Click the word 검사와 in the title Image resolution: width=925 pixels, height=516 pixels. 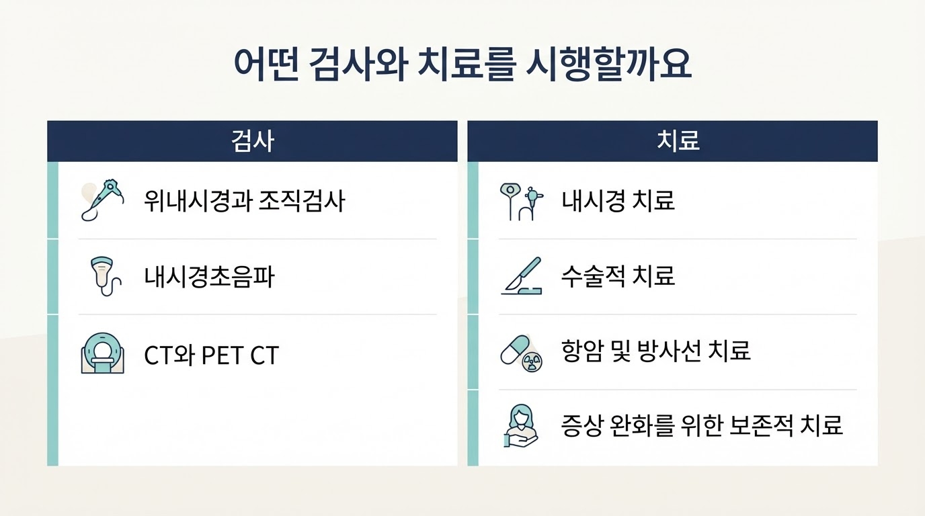coord(358,64)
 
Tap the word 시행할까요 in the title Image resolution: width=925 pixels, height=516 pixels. coord(608,64)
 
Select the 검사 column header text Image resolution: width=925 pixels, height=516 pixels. coord(252,141)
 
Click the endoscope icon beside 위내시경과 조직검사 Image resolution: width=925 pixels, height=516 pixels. coord(103,200)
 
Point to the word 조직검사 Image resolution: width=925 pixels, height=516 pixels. coord(302,201)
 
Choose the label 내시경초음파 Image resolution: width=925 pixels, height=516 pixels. coord(209,277)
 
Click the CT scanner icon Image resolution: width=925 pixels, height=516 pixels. coord(102,353)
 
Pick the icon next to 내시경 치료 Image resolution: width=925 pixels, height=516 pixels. coord(521,202)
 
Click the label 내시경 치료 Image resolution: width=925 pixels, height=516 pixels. coord(618,201)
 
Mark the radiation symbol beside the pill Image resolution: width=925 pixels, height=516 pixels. coord(532,362)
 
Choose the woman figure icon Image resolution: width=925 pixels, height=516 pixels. coord(521,425)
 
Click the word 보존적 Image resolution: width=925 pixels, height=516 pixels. coord(761,425)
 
